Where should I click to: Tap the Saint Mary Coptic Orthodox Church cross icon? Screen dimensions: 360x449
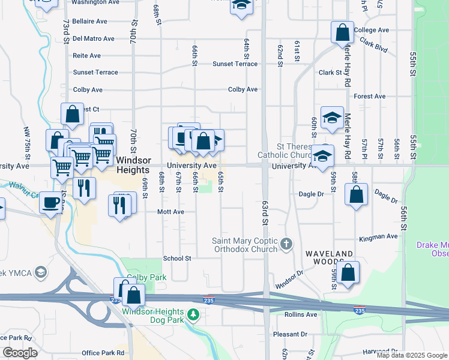click(x=287, y=244)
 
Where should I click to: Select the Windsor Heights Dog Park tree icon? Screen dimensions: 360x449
click(x=193, y=314)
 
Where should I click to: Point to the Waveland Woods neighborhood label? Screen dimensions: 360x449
click(x=328, y=254)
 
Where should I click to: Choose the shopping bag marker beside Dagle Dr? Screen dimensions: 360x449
click(x=356, y=194)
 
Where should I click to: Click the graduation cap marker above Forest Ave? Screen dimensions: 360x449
click(x=332, y=118)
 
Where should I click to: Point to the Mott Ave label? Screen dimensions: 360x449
click(x=170, y=212)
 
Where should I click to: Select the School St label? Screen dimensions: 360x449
click(x=177, y=259)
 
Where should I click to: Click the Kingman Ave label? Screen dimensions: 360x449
click(x=378, y=238)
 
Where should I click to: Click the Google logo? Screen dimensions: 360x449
click(x=19, y=353)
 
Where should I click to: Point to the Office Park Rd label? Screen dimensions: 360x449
click(x=103, y=353)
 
